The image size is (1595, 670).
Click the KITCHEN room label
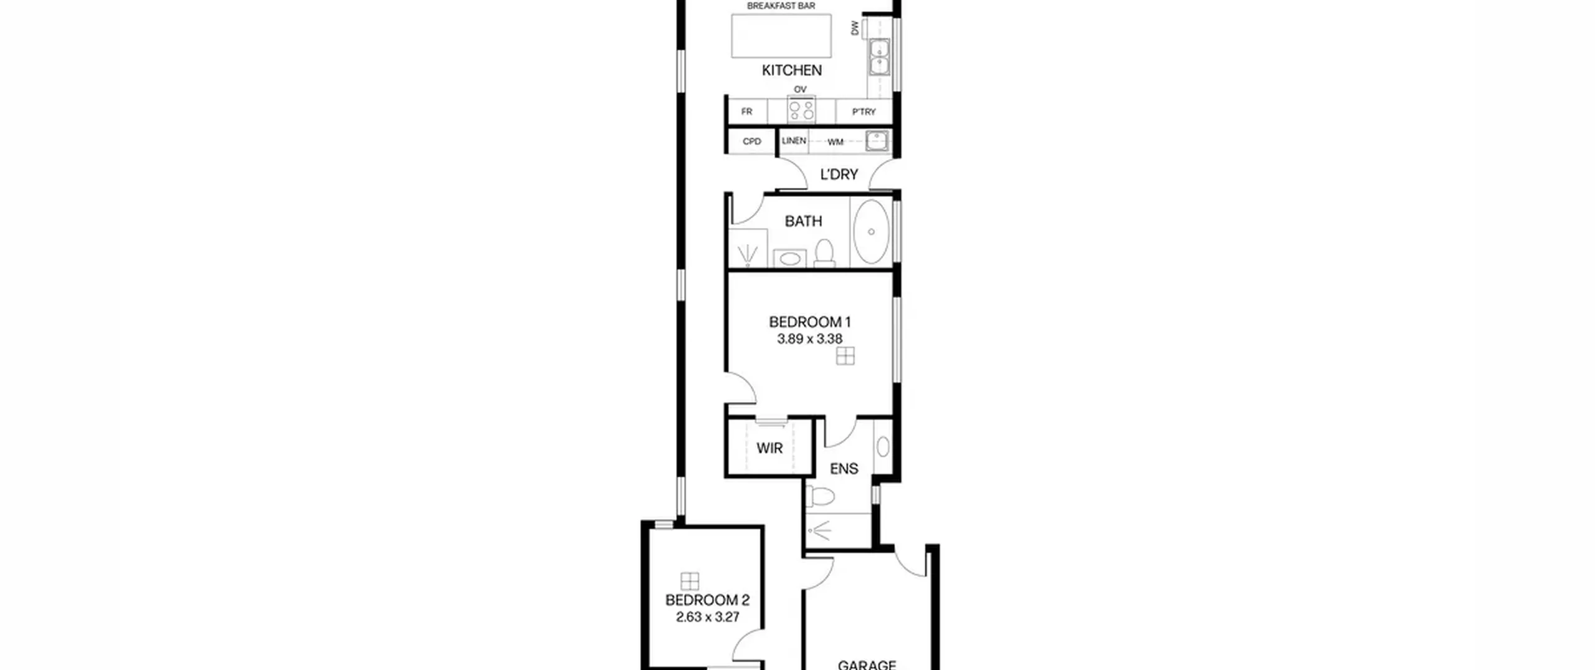pyautogui.click(x=791, y=70)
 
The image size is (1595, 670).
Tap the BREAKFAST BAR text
pyautogui.click(x=781, y=6)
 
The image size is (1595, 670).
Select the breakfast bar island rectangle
pyautogui.click(x=781, y=36)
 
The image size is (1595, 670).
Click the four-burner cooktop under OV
pyautogui.click(x=801, y=111)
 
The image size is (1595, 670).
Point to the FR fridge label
pyautogui.click(x=746, y=112)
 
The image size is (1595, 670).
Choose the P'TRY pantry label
pyautogui.click(x=864, y=112)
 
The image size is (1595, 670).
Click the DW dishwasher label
pyautogui.click(x=855, y=27)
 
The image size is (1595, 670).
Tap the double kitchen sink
pyautogui.click(x=880, y=57)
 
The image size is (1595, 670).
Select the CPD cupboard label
pyautogui.click(x=752, y=141)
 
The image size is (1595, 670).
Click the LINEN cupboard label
pyautogui.click(x=794, y=141)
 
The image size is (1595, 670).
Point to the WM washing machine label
pyautogui.click(x=835, y=142)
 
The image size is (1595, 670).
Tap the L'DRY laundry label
pyautogui.click(x=839, y=175)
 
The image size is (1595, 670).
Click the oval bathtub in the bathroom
pyautogui.click(x=871, y=232)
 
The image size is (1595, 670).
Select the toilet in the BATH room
pyautogui.click(x=824, y=253)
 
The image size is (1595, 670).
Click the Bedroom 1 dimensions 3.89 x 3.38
pyautogui.click(x=809, y=339)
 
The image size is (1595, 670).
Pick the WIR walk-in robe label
pyautogui.click(x=769, y=448)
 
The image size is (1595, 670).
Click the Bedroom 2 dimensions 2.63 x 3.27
pyautogui.click(x=708, y=617)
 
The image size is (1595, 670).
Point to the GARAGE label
pyautogui.click(x=867, y=665)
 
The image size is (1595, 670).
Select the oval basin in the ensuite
pyautogui.click(x=883, y=446)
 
